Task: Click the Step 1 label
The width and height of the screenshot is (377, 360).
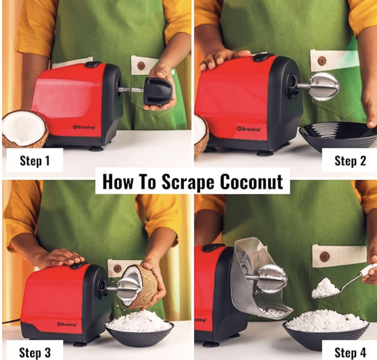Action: click(34, 160)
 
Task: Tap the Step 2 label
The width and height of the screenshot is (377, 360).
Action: click(350, 160)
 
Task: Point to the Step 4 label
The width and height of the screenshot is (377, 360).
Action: click(350, 352)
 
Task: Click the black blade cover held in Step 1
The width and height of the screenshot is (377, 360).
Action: click(158, 91)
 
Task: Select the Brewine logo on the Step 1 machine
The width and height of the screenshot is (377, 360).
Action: click(84, 127)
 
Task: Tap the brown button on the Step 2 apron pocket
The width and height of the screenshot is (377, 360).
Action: click(322, 61)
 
